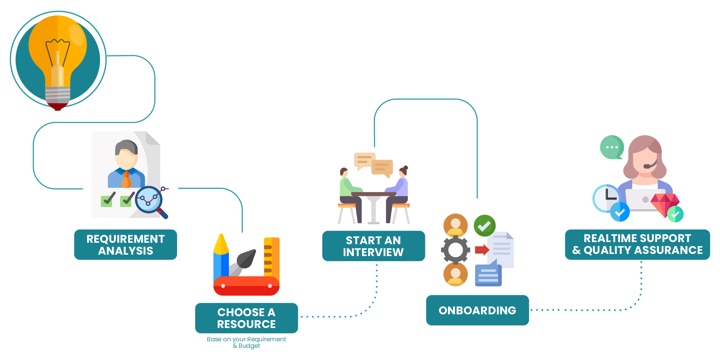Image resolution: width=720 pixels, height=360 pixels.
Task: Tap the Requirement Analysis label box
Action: pyautogui.click(x=126, y=245)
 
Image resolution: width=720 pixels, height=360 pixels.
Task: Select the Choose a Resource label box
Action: pyautogui.click(x=246, y=318)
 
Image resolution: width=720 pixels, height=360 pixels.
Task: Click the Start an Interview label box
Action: pyautogui.click(x=373, y=246)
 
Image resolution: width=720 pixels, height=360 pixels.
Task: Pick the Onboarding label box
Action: pyautogui.click(x=477, y=310)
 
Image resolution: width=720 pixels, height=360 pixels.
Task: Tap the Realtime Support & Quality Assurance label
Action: pyautogui.click(x=637, y=244)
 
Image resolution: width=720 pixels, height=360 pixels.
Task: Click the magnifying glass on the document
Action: pyautogui.click(x=149, y=200)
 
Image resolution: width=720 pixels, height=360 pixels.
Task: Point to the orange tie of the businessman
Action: pyautogui.click(x=126, y=180)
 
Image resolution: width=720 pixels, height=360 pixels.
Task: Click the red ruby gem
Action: pyautogui.click(x=664, y=203)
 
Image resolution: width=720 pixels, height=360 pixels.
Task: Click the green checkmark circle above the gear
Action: pyautogui.click(x=484, y=226)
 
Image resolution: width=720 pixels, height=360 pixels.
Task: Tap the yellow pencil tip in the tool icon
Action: pyautogui.click(x=221, y=244)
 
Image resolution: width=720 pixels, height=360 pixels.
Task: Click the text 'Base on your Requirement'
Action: pyautogui.click(x=246, y=339)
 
